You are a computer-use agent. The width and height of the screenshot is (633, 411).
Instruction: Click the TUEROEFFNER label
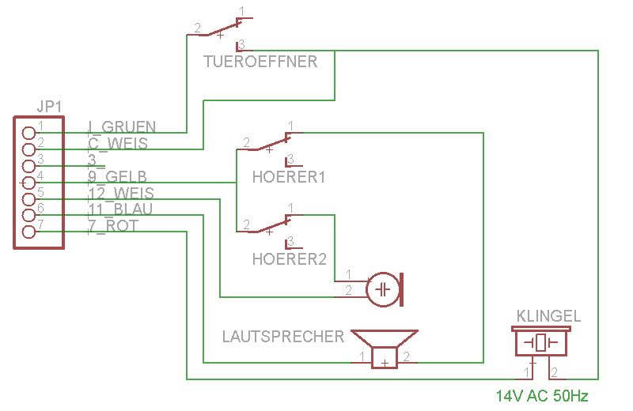pyautogui.click(x=260, y=62)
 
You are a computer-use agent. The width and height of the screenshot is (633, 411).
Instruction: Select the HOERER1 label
pyautogui.click(x=289, y=176)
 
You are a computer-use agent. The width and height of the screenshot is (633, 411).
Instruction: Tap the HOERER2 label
pyautogui.click(x=289, y=258)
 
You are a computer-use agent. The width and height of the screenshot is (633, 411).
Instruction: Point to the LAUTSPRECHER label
pyautogui.click(x=283, y=337)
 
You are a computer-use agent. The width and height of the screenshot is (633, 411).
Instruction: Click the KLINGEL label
pyautogui.click(x=548, y=316)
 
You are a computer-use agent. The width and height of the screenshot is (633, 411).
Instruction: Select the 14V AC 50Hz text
pyautogui.click(x=542, y=395)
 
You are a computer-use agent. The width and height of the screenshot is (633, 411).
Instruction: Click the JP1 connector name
pyautogui.click(x=49, y=107)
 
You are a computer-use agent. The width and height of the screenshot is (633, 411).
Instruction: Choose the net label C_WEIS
pyautogui.click(x=117, y=143)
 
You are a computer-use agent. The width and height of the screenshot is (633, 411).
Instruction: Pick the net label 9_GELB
pyautogui.click(x=117, y=176)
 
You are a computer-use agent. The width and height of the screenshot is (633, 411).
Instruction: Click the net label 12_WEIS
pyautogui.click(x=121, y=193)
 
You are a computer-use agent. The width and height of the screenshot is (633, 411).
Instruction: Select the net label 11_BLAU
pyautogui.click(x=120, y=209)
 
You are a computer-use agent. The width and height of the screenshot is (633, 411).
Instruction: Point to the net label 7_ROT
pyautogui.click(x=112, y=226)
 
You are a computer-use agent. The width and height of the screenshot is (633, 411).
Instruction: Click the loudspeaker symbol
pyautogui.click(x=385, y=348)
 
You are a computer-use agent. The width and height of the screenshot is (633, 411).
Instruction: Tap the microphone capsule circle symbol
pyautogui.click(x=384, y=289)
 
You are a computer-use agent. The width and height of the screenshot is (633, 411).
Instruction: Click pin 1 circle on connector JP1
pyautogui.click(x=28, y=133)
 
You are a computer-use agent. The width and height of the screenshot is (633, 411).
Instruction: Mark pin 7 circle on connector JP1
pyautogui.click(x=28, y=232)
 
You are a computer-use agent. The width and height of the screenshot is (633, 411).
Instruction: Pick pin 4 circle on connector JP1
pyautogui.click(x=28, y=182)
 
